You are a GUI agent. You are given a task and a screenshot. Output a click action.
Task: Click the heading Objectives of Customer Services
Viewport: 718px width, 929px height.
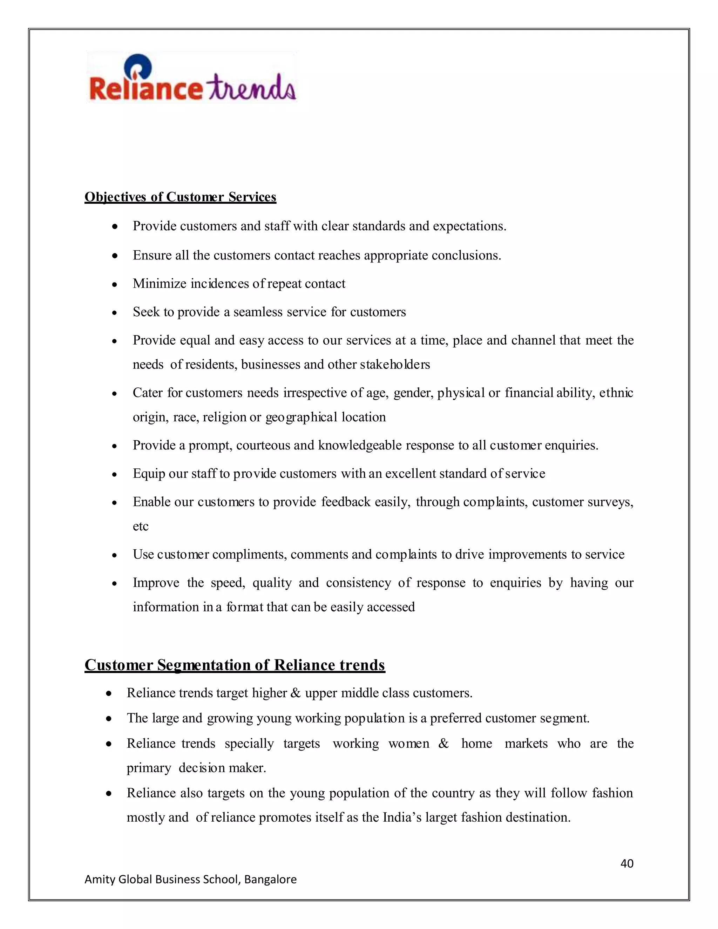[x=180, y=197]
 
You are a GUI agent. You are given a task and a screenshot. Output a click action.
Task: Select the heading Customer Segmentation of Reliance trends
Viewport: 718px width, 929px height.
[x=235, y=665]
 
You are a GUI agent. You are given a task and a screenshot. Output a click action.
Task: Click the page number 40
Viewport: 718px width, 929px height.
[x=627, y=863]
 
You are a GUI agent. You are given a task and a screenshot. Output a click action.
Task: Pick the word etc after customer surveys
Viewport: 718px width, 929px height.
[x=140, y=526]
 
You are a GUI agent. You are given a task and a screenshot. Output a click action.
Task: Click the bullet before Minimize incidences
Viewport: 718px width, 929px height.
[x=114, y=285]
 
